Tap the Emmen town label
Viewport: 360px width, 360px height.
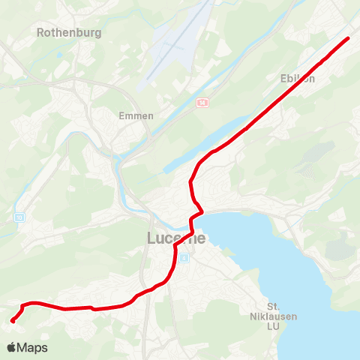point(136,115)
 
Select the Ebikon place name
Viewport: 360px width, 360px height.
point(297,78)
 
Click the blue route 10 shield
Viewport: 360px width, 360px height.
point(19,217)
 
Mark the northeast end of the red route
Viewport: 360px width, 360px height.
point(349,37)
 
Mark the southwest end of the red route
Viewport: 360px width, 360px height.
point(13,321)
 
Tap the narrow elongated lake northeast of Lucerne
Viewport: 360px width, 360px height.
point(187,157)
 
